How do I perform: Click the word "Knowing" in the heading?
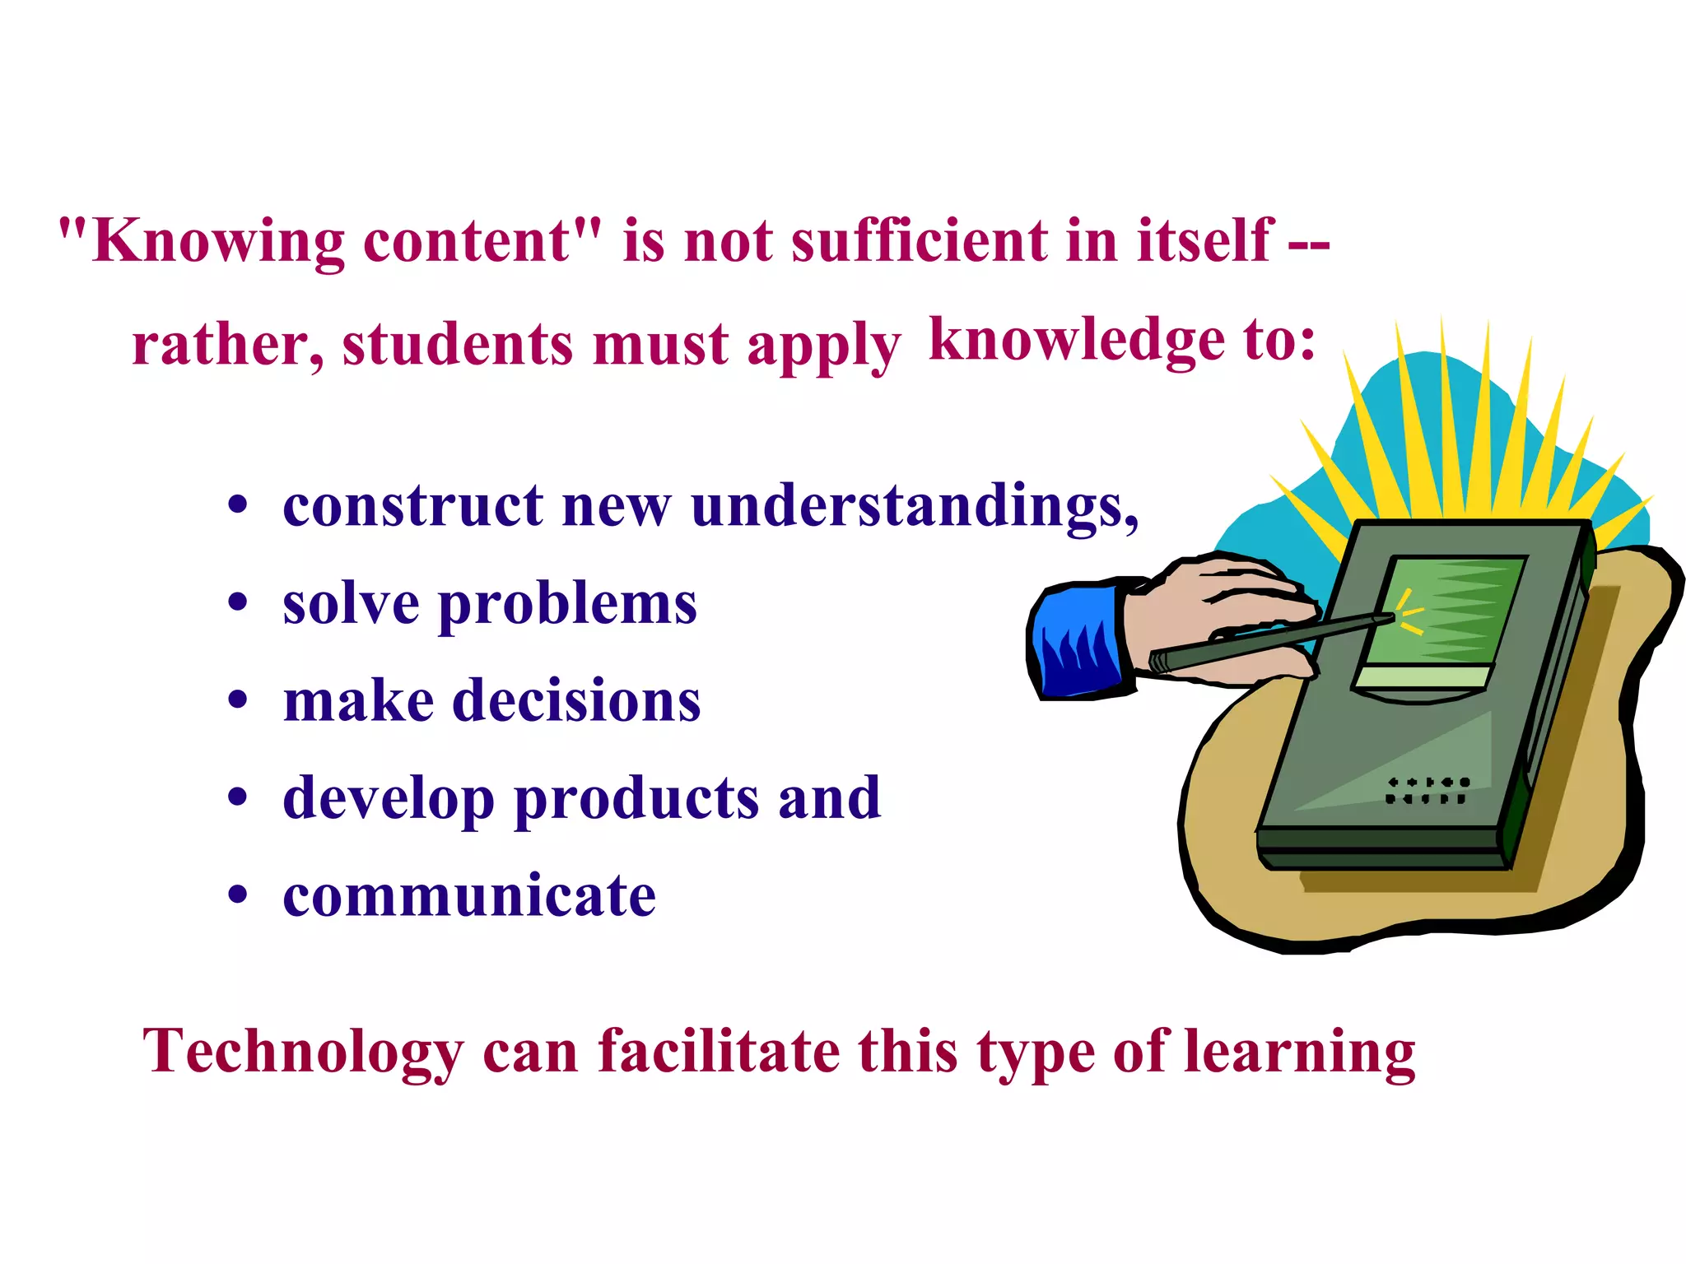pos(218,243)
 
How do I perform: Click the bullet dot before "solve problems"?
pos(238,603)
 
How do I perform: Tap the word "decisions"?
pos(576,701)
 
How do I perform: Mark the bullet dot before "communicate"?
pos(238,895)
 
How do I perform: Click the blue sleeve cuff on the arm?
pos(1074,642)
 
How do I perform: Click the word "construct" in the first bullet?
pos(412,505)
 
